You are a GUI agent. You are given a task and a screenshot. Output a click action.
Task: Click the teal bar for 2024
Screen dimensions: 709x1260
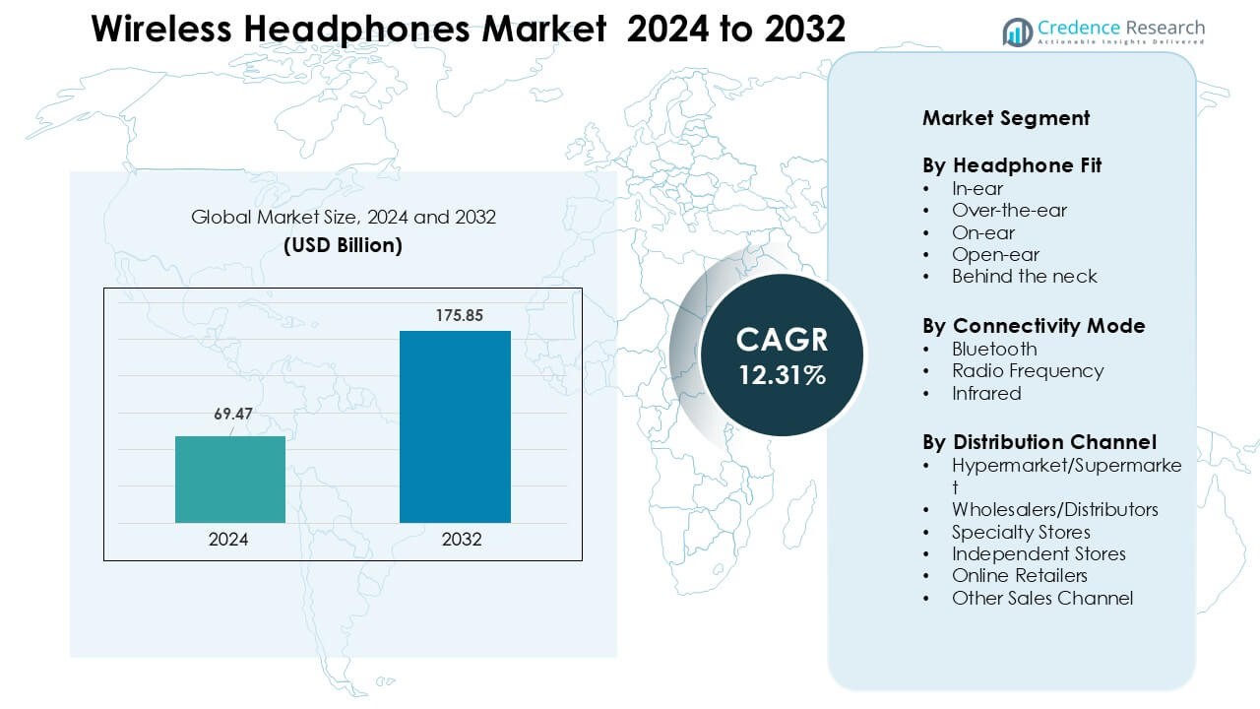click(x=230, y=480)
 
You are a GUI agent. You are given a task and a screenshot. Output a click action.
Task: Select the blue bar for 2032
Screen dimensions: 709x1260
click(x=455, y=426)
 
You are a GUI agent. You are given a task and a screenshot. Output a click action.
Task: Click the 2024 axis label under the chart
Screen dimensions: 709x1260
click(x=228, y=540)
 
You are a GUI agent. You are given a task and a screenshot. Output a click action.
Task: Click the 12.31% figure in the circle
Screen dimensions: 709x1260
click(x=783, y=375)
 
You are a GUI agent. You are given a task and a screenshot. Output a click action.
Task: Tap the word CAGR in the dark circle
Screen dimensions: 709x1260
click(x=783, y=340)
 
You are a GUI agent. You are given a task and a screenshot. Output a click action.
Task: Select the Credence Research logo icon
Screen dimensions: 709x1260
click(x=1017, y=32)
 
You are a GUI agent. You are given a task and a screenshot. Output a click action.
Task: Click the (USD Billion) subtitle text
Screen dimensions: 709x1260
click(x=343, y=245)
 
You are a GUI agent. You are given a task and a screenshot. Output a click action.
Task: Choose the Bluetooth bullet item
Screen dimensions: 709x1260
click(x=994, y=349)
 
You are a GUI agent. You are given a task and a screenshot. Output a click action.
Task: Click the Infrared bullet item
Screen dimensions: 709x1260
click(x=986, y=393)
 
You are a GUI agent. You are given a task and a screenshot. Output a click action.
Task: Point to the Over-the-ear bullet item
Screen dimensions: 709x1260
click(x=1009, y=210)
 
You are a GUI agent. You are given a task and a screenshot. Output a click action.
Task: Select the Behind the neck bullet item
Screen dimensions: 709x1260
click(x=1024, y=276)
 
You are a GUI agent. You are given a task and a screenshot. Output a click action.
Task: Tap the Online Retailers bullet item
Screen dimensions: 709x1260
click(x=1019, y=575)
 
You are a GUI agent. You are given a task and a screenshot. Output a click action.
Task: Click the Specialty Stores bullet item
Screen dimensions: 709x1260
click(x=1021, y=532)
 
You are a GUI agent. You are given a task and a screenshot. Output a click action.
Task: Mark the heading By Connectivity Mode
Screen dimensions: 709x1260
click(x=1034, y=326)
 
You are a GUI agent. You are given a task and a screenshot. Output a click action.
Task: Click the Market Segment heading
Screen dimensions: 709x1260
click(x=1006, y=118)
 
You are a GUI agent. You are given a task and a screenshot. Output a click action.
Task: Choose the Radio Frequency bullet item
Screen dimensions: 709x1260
click(x=1028, y=370)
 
